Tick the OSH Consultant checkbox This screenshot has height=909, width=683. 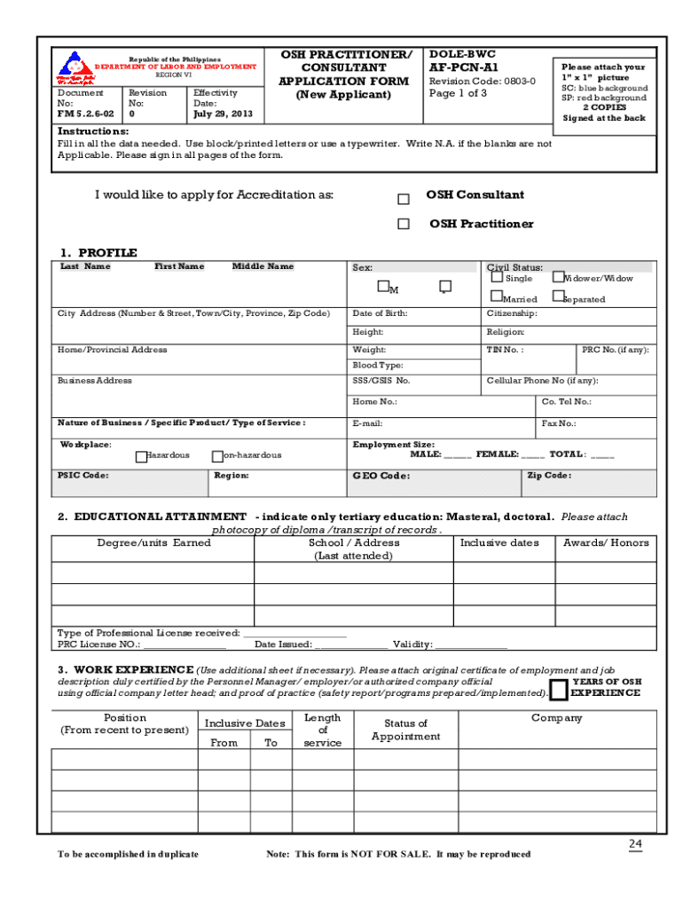[404, 199]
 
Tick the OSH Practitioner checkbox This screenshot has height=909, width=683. [404, 225]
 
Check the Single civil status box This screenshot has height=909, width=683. [497, 277]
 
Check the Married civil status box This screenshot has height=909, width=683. [497, 297]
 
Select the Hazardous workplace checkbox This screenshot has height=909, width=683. [141, 456]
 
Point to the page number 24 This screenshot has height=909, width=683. [635, 842]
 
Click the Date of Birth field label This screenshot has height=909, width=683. [380, 313]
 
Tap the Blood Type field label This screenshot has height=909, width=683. [378, 365]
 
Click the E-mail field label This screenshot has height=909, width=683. [367, 423]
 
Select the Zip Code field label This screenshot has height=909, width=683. [549, 476]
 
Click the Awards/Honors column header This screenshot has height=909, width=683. [606, 542]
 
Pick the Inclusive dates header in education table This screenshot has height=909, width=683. [499, 542]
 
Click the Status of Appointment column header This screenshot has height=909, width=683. [405, 730]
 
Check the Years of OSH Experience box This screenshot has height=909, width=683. [559, 689]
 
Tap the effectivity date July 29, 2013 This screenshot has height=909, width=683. [223, 114]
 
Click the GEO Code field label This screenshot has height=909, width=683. [381, 476]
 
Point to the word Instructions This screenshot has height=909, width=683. [93, 131]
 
